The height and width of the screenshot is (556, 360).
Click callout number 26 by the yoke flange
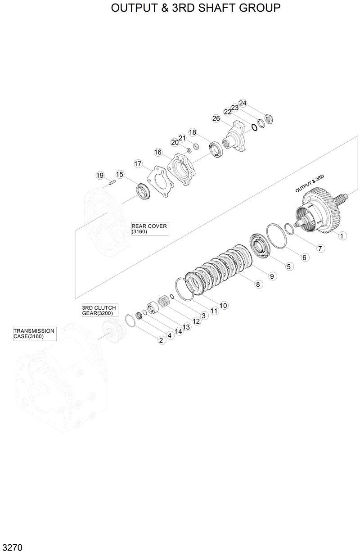(216, 119)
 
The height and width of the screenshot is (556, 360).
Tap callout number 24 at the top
(243, 103)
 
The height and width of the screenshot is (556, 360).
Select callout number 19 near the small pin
(100, 176)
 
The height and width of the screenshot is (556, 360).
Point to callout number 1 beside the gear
(342, 236)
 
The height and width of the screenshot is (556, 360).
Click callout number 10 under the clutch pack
(223, 305)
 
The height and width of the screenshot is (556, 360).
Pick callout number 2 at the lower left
(161, 340)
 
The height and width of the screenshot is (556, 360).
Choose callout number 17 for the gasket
(138, 164)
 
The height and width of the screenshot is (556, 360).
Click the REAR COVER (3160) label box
(150, 229)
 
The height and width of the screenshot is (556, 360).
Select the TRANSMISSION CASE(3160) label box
(35, 334)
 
